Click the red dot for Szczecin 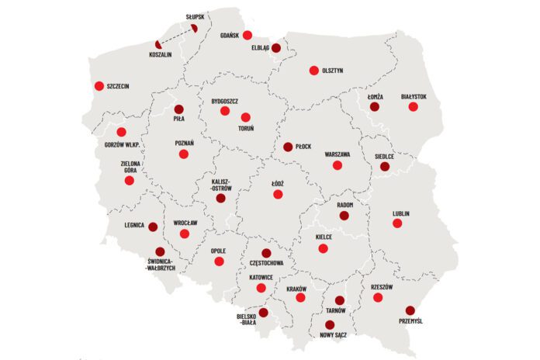coord(99,86)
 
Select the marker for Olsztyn coord(314,71)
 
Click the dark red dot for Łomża coord(375,106)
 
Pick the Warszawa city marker coord(337,165)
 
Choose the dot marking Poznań coord(184,154)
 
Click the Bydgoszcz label coord(225,101)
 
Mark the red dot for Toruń coord(246,117)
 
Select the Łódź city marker coord(278,194)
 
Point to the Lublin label coord(401,213)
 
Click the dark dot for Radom coord(344,215)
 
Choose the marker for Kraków coord(300,298)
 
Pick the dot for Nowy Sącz coord(330,325)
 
